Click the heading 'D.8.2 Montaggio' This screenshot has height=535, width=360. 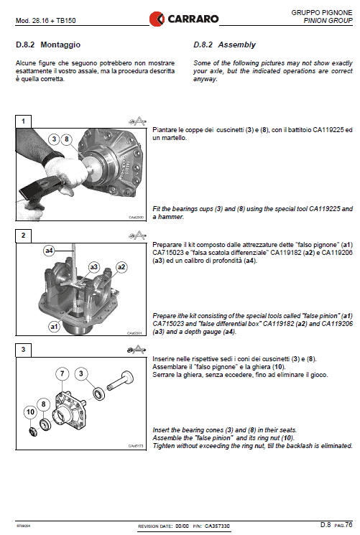coord(47,45)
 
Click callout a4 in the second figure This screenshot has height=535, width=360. coord(49,251)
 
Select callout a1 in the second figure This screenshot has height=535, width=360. coord(53,325)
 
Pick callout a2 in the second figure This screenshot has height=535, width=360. coord(121,267)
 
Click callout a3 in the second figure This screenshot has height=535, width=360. coord(94,266)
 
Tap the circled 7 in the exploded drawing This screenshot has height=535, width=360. coord(63,373)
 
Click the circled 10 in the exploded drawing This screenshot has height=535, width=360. coord(30,411)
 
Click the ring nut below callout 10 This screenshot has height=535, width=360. coord(32,429)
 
